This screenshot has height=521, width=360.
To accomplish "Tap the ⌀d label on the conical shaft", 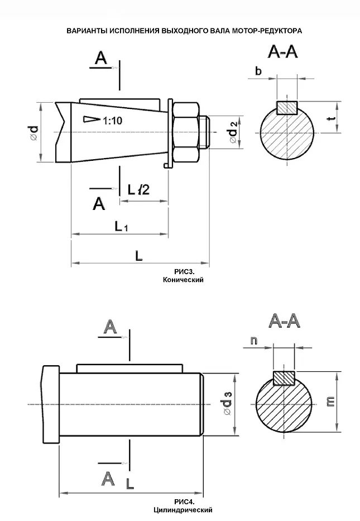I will (34, 132).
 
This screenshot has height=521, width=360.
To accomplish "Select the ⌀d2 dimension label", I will (234, 132).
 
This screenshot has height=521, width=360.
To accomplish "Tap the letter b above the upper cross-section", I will (258, 70).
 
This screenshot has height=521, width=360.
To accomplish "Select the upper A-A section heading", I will (283, 53).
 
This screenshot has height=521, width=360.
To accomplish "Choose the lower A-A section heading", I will (284, 321).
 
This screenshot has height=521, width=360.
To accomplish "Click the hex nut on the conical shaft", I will (186, 133).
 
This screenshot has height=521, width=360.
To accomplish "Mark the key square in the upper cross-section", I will (288, 106).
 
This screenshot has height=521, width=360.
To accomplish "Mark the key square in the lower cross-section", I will (284, 378).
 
